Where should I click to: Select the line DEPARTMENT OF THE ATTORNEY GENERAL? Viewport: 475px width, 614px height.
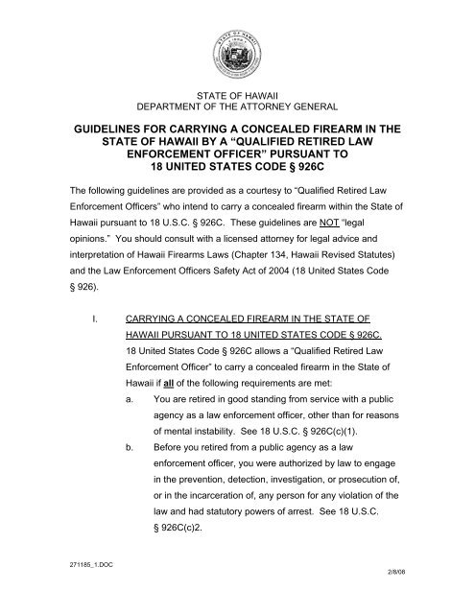coord(236,106)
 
